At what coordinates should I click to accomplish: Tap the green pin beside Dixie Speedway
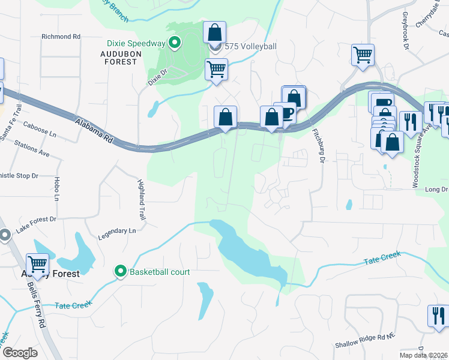click(x=175, y=43)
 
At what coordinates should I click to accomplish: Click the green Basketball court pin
click(x=121, y=272)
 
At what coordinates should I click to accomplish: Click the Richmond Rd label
click(x=61, y=37)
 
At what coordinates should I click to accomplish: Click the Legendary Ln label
click(x=120, y=230)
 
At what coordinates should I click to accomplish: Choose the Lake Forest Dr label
click(x=36, y=224)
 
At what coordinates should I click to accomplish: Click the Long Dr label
click(x=436, y=190)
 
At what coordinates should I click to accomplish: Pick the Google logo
click(x=20, y=353)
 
